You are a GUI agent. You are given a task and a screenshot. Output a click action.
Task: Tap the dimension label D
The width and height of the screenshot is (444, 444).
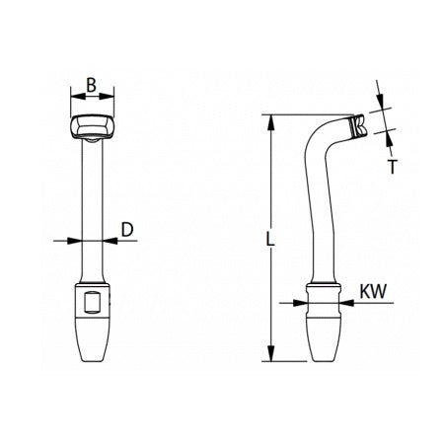click(126, 230)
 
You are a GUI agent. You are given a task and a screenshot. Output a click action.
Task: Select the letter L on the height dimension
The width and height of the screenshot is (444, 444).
click(272, 239)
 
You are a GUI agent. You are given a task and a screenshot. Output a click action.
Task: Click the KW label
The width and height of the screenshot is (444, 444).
click(373, 292)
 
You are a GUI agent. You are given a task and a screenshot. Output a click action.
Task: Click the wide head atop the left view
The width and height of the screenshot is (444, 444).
click(93, 127)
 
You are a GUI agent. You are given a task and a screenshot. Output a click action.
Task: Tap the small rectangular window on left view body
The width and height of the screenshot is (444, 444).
click(93, 302)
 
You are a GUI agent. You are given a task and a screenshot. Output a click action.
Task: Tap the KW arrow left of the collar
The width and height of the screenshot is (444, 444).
click(302, 302)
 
